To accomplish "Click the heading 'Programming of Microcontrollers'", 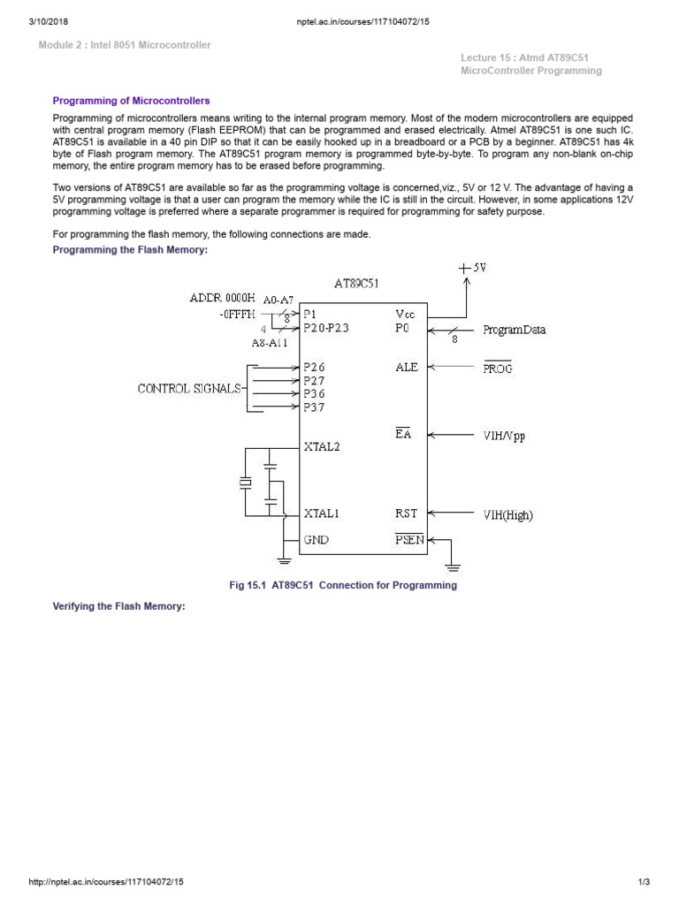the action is point(131,102).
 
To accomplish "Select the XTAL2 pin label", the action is point(322,447).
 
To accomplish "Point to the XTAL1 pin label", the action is point(322,513).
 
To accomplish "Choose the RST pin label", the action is point(406,513).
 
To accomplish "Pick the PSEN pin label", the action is point(409,539).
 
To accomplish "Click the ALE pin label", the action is point(407,367).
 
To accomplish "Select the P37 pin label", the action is point(315,407).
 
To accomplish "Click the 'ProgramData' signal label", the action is point(515,331).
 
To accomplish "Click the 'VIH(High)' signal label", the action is point(508,514).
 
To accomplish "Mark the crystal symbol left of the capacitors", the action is point(244,483).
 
